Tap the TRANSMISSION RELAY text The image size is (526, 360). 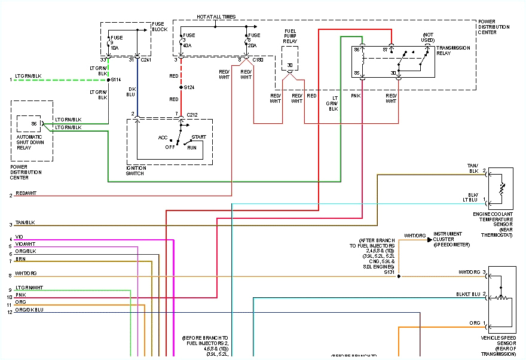453,50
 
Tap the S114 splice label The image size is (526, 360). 116,80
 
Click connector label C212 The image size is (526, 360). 192,114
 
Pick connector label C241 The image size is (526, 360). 146,59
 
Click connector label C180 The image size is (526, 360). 258,60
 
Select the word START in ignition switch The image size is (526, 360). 198,137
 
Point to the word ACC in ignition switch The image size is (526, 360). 163,138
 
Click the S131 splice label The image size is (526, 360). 390,272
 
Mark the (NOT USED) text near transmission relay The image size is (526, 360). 428,37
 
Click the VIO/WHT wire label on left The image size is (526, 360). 26,244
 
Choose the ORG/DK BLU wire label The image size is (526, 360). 29,310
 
